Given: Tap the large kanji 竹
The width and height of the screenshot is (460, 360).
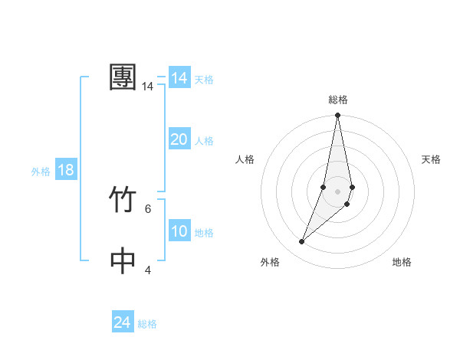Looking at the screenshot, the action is pyautogui.click(x=123, y=201).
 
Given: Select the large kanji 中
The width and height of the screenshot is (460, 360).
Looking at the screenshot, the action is pyautogui.click(x=123, y=260).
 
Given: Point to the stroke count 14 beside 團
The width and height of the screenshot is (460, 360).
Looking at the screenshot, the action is pyautogui.click(x=147, y=87).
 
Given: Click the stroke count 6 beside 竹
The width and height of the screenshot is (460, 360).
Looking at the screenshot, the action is pyautogui.click(x=147, y=208).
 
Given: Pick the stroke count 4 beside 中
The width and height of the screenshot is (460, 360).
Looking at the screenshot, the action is pyautogui.click(x=147, y=270).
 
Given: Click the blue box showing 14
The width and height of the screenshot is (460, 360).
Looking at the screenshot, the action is pyautogui.click(x=179, y=78).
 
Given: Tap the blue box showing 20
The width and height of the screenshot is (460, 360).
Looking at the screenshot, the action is pyautogui.click(x=179, y=139).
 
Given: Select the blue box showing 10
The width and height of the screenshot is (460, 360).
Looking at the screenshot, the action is pyautogui.click(x=179, y=231).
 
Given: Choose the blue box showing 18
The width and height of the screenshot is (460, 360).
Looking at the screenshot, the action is pyautogui.click(x=66, y=170).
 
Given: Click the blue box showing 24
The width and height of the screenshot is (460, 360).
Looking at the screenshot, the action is pyautogui.click(x=123, y=322).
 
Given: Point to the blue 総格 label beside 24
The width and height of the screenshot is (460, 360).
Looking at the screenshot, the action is pyautogui.click(x=147, y=324).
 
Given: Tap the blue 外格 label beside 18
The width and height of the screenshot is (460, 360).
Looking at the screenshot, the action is pyautogui.click(x=41, y=172).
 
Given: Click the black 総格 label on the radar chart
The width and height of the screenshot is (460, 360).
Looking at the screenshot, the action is pyautogui.click(x=338, y=100).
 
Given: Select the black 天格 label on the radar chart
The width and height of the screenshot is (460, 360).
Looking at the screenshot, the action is pyautogui.click(x=431, y=159).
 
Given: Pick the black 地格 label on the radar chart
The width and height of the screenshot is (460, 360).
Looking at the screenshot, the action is pyautogui.click(x=402, y=262).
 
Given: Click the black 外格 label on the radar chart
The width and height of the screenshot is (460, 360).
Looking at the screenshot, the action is pyautogui.click(x=270, y=262).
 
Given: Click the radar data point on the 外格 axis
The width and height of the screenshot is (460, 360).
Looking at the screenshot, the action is pyautogui.click(x=302, y=242).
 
